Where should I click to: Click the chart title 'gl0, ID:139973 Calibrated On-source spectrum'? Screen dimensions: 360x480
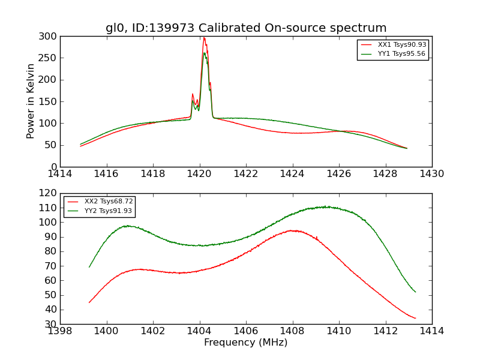pyautogui.click(x=246, y=28)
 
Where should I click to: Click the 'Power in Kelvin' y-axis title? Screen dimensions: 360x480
pyautogui.click(x=31, y=101)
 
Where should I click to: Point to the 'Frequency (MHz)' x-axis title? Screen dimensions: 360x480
pyautogui.click(x=246, y=343)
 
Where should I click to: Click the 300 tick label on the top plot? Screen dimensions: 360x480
pyautogui.click(x=50, y=36)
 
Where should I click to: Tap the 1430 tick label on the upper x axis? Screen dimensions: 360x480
pyautogui.click(x=432, y=173)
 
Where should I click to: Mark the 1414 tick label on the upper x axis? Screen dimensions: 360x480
pyautogui.click(x=60, y=173)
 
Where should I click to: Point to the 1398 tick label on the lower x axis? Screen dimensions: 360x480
pyautogui.click(x=60, y=331)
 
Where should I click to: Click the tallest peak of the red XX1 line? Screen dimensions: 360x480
pyautogui.click(x=204, y=38)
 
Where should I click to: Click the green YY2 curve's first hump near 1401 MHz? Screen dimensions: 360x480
pyautogui.click(x=127, y=226)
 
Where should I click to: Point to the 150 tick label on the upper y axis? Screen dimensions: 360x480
pyautogui.click(x=50, y=101)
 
